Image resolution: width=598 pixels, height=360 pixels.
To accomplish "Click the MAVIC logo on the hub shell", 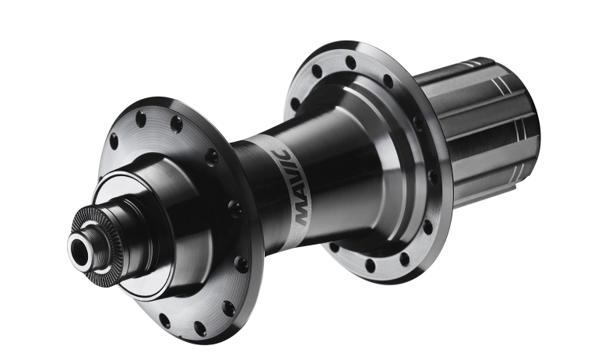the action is (293, 187).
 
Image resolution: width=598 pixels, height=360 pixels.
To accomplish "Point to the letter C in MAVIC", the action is (283, 154).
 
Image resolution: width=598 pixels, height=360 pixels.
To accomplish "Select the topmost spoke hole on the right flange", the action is (350, 62).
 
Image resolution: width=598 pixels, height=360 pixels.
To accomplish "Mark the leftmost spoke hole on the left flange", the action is (113, 141).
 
